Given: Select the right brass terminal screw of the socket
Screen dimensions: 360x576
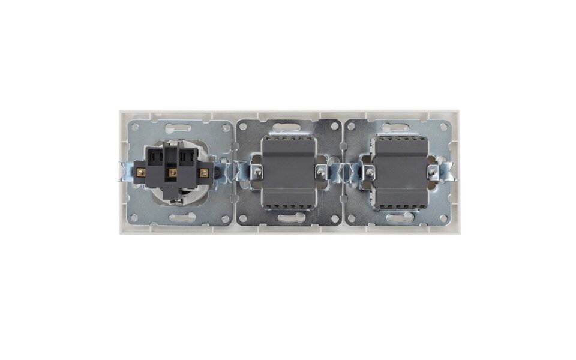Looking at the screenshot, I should point(203,173).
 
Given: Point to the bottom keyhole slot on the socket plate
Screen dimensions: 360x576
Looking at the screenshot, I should point(178,218).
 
